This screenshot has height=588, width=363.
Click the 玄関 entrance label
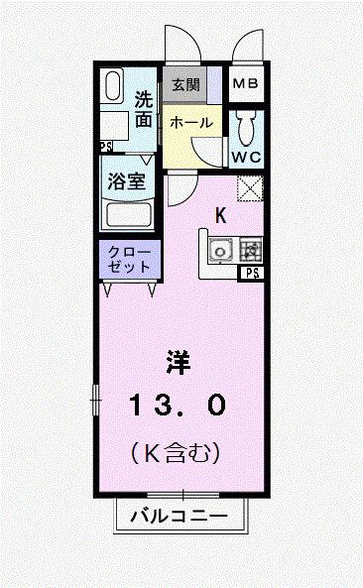tap(185, 84)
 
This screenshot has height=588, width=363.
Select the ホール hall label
tap(190, 122)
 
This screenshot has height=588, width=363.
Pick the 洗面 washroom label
tap(145, 110)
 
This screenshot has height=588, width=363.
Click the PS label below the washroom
tap(106, 146)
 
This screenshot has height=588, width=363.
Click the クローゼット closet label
tap(128, 260)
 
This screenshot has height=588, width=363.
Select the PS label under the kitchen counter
tap(252, 273)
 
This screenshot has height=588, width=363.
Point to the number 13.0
tap(179, 404)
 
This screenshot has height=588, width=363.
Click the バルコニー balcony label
tap(180, 517)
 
